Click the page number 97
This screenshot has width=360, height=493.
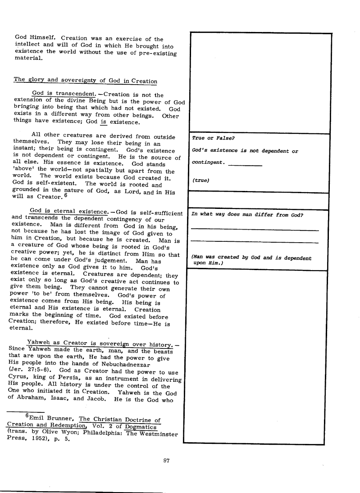[166, 460]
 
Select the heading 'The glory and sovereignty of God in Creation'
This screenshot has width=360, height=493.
[85, 80]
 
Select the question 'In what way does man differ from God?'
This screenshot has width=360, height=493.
[247, 214]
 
